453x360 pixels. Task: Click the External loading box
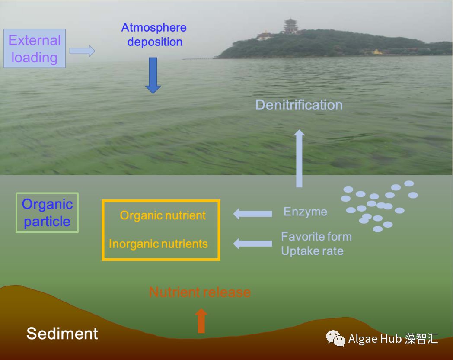tap(35, 48)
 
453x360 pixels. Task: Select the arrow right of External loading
tap(82, 51)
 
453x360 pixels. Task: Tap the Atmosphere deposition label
tap(154, 35)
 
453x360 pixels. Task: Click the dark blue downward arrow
tap(153, 75)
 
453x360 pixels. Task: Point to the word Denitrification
tap(299, 105)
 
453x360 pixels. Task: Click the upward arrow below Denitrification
tap(299, 158)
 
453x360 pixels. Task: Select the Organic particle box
tap(47, 213)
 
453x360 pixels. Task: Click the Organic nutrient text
tap(163, 215)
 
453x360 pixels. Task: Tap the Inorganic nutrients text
tap(158, 244)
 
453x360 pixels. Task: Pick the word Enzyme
tap(305, 212)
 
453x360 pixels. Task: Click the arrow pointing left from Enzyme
tap(252, 214)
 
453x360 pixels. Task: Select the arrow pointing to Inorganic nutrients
tap(252, 244)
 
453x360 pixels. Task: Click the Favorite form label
tap(316, 237)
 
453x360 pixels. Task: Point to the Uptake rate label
tap(313, 251)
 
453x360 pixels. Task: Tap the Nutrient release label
tap(200, 292)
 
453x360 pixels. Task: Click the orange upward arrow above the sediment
tap(201, 321)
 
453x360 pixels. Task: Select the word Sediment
tap(62, 334)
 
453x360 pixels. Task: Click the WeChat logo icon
tap(335, 338)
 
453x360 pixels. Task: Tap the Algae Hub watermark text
tap(393, 339)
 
